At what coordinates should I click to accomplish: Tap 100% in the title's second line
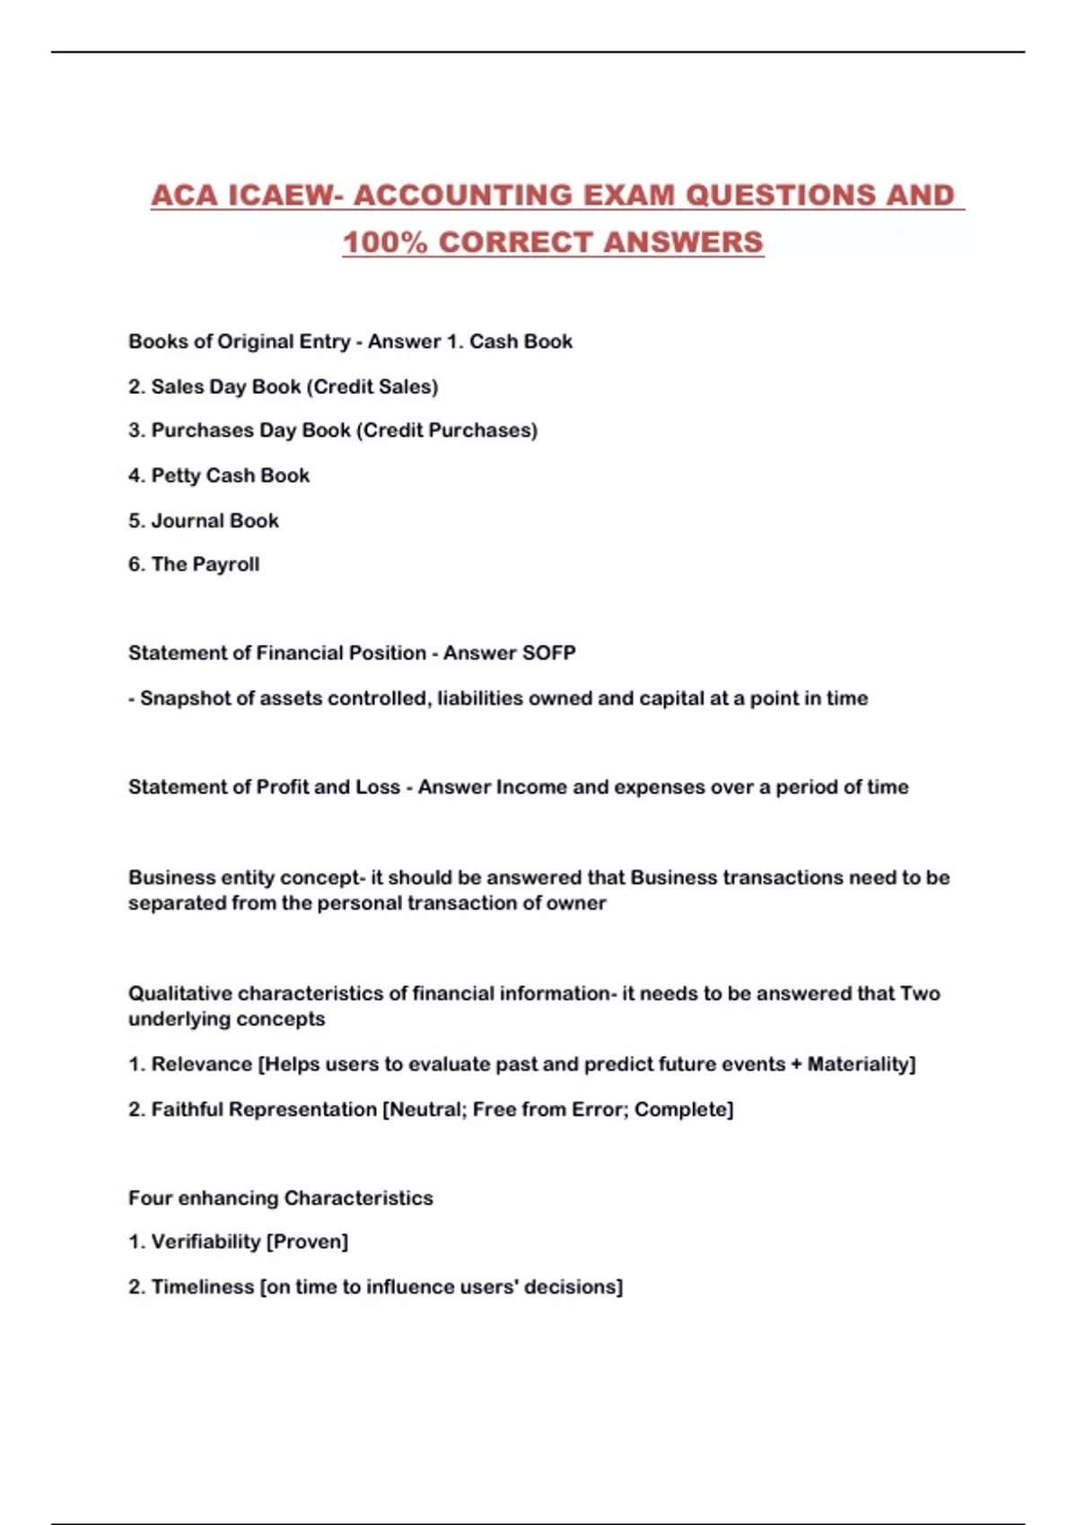[x=385, y=242]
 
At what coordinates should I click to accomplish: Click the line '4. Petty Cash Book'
[x=219, y=475]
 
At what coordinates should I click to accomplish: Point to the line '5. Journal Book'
[x=204, y=520]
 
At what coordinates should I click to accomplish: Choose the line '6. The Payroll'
[x=194, y=564]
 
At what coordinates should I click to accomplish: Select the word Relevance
[x=202, y=1064]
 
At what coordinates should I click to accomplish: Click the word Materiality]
[x=862, y=1064]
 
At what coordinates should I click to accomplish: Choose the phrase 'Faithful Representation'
[x=264, y=1109]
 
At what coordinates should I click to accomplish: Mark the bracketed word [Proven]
[x=307, y=1242]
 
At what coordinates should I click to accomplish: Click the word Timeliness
[x=203, y=1286]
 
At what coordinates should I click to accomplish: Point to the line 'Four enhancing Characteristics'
[x=280, y=1198]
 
